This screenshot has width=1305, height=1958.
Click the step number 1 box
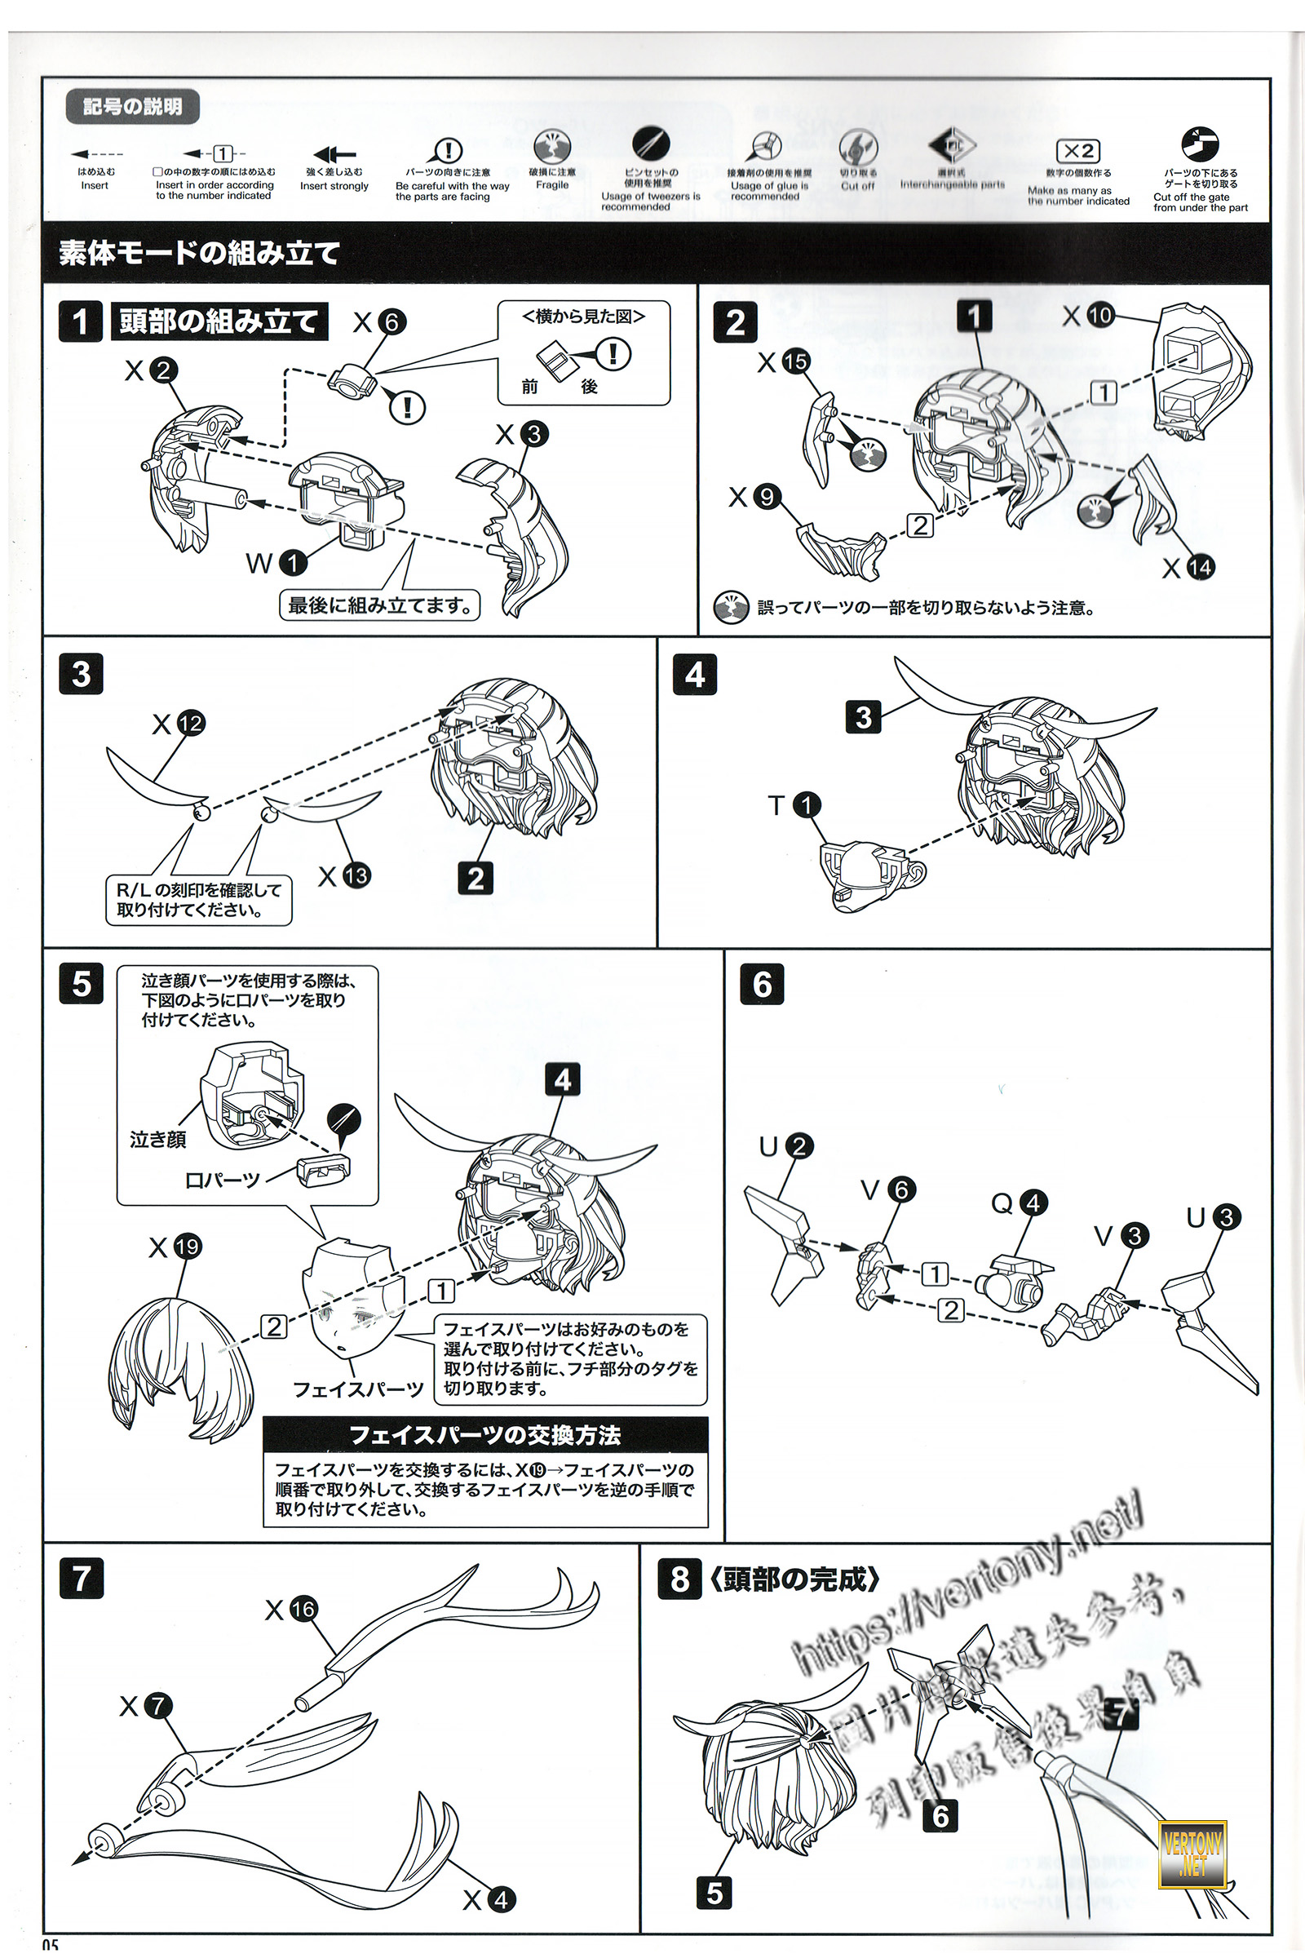pos(80,321)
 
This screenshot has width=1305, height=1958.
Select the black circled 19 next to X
pos(188,1247)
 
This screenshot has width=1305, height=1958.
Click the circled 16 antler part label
pos(303,1609)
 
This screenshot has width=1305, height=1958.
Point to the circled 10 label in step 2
pos(1099,315)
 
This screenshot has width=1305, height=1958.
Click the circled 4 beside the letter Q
pos(1033,1202)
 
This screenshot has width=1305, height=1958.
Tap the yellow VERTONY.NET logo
pos(1192,1854)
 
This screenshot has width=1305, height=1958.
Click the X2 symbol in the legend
pos(1077,151)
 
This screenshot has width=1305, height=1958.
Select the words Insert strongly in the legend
pos(334,187)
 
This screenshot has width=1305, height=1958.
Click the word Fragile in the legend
pos(552,185)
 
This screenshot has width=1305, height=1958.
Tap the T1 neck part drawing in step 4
pos(865,874)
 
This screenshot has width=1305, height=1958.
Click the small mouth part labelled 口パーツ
pos(324,1170)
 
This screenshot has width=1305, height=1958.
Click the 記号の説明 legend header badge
pos(132,107)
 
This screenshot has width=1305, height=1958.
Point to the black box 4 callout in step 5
pos(563,1079)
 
